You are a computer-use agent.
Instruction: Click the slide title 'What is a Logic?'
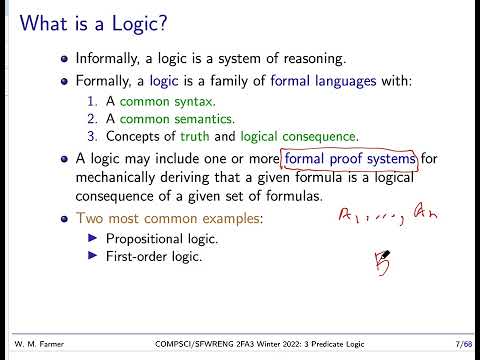click(x=99, y=22)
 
